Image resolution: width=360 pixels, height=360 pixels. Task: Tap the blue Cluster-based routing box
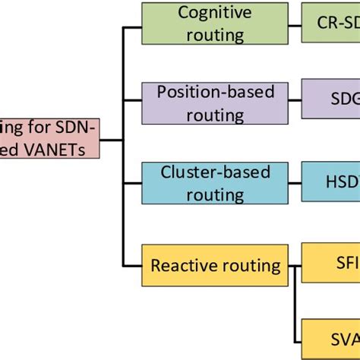pyautogui.click(x=215, y=183)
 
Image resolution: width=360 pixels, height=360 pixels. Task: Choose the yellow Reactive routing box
pyautogui.click(x=215, y=266)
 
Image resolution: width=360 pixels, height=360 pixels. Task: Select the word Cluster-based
pyautogui.click(x=215, y=172)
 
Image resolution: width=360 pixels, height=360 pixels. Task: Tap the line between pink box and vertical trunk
pyautogui.click(x=110, y=138)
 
